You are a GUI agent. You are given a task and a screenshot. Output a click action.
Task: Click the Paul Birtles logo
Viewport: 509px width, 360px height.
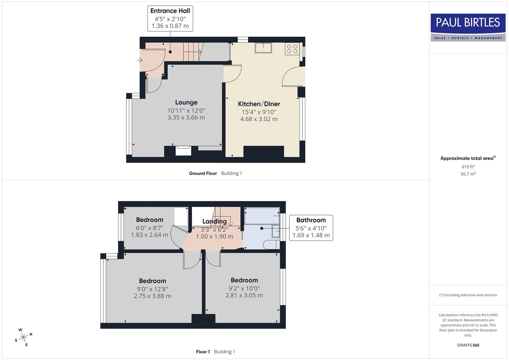468,27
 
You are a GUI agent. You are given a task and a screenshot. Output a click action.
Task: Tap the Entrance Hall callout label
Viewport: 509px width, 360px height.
170,19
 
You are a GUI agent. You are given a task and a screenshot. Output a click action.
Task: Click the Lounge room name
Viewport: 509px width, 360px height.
186,103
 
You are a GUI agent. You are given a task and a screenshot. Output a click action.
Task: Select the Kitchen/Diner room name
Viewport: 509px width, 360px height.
259,104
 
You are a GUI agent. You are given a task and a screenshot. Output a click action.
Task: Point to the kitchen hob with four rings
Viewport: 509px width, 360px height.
292,49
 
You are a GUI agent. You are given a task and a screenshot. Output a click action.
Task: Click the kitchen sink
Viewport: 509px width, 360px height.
263,48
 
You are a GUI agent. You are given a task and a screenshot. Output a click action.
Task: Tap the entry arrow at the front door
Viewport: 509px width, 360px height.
140,60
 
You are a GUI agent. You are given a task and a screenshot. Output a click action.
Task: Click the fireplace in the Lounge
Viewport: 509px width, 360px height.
183,151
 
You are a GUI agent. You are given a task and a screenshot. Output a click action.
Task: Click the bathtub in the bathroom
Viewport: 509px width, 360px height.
262,216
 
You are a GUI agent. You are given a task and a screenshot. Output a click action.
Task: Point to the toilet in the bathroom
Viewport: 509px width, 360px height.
271,245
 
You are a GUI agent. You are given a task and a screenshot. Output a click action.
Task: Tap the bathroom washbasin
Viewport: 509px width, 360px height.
276,231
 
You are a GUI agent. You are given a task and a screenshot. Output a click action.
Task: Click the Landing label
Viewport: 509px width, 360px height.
214,221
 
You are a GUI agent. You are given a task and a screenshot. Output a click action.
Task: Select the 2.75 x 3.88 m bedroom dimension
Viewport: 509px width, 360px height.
152,296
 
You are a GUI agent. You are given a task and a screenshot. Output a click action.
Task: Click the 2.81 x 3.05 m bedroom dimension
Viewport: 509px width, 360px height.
244,295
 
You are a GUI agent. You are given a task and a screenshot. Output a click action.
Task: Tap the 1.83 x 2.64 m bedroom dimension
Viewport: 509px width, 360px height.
149,235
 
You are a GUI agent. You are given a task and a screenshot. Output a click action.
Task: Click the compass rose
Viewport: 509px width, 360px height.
23,337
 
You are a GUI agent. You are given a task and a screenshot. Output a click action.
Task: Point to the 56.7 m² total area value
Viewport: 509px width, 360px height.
468,174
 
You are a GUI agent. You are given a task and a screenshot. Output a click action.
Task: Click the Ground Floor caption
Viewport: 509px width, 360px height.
203,173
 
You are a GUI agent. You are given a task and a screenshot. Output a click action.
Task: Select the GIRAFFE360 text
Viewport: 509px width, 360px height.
468,345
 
